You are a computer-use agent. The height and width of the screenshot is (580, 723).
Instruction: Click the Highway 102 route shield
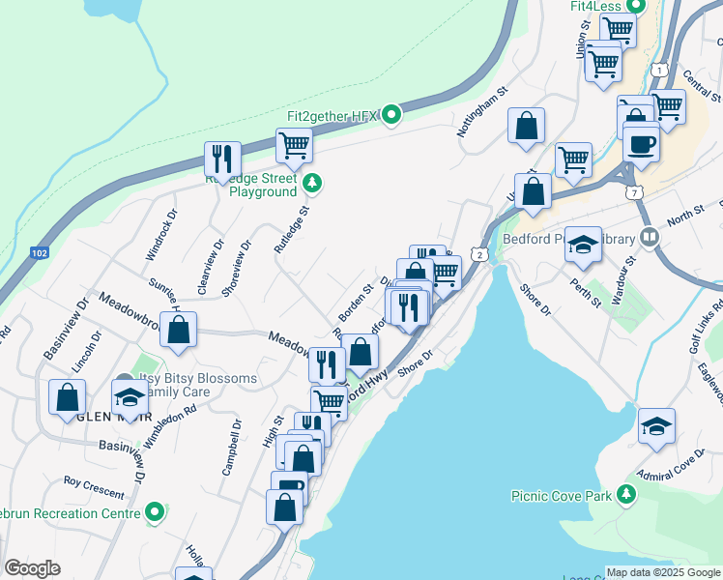39,253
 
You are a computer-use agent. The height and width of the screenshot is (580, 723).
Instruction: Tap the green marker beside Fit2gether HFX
390,116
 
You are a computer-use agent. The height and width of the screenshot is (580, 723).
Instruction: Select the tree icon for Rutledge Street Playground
311,182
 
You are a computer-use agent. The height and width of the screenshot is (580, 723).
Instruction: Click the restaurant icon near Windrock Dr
222,159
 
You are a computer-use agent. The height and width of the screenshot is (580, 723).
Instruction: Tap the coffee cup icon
641,144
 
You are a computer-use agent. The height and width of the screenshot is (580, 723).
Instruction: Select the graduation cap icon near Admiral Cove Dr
656,425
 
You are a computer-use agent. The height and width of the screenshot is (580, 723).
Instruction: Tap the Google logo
32,568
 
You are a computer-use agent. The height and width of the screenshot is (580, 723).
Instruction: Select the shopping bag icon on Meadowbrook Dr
179,330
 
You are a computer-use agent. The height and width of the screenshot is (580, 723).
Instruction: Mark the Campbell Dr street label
232,447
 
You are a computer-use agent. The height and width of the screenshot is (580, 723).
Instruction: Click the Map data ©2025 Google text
663,572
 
